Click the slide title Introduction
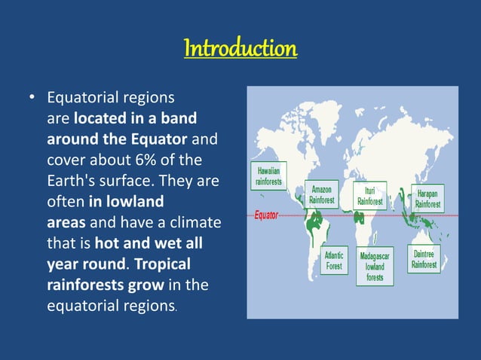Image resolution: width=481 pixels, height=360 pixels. pos(240,49)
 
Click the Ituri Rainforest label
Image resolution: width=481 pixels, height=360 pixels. pos(370,196)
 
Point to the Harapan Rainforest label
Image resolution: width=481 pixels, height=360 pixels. pos(428,199)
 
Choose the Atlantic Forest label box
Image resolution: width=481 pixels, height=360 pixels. pos(334,261)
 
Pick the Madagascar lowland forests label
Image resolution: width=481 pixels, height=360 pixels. pos(375,267)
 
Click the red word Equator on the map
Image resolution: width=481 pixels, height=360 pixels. pos(266,215)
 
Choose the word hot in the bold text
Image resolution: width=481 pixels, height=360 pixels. pos(110,245)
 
